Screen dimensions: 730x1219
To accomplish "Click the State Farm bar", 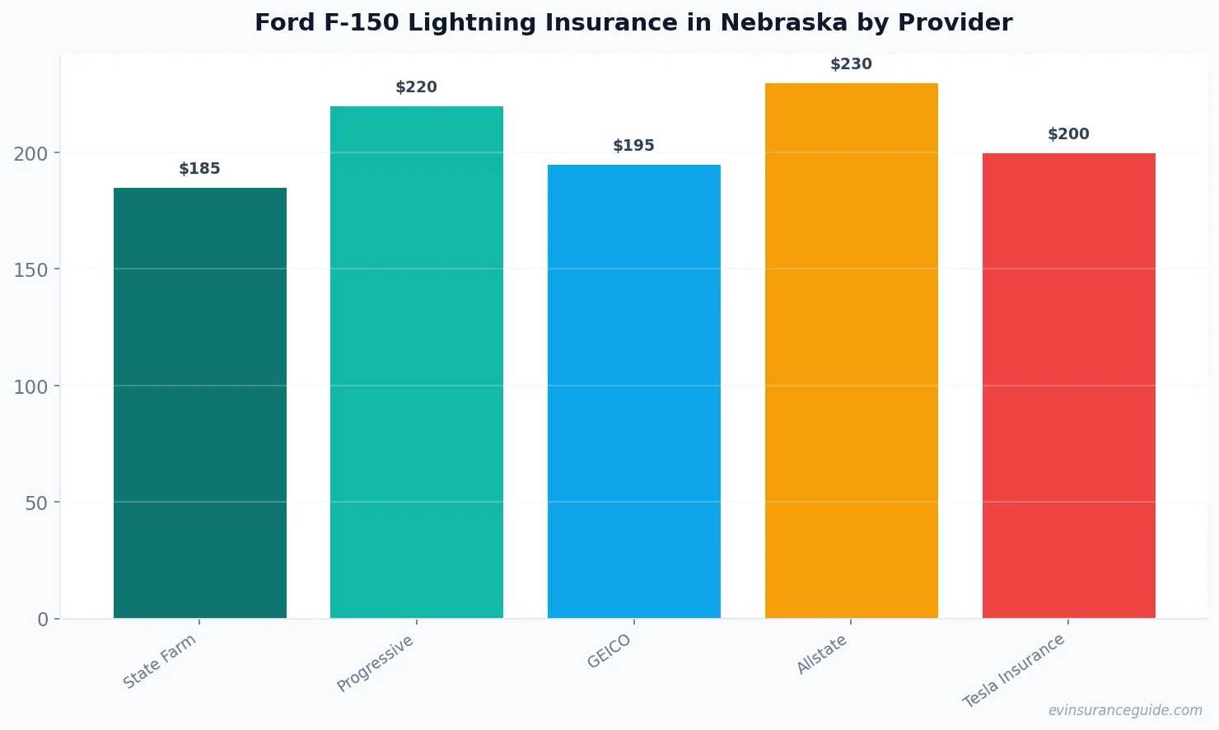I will coord(200,403).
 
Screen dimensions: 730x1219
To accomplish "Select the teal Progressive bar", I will coord(417,363).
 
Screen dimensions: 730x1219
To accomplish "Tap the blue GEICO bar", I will coord(634,391).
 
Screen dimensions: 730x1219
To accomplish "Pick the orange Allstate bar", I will coord(851,350).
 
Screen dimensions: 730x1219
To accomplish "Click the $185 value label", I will coord(200,169).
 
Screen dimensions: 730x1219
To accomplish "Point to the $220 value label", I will coord(417,87).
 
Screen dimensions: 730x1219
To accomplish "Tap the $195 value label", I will coord(634,146).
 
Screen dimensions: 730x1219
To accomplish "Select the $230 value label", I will coord(851,64).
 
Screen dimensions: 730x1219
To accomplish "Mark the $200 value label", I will coord(1068,134).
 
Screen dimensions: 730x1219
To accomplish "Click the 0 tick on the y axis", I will coord(43,620).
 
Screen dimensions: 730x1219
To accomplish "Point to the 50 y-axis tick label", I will coord(36,503).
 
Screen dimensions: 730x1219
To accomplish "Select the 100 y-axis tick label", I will coord(31,386).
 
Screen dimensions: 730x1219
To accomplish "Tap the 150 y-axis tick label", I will coord(31,270).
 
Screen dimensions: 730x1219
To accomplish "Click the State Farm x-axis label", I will coord(160,661).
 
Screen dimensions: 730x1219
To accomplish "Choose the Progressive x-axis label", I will coord(376,663).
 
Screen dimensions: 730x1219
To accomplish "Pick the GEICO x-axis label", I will coord(609,651).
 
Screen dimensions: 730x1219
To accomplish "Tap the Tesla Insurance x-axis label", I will coord(1014,671).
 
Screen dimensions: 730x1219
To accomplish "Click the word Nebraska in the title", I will coord(783,23).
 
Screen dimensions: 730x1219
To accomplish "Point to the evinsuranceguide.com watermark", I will coord(1125,710).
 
